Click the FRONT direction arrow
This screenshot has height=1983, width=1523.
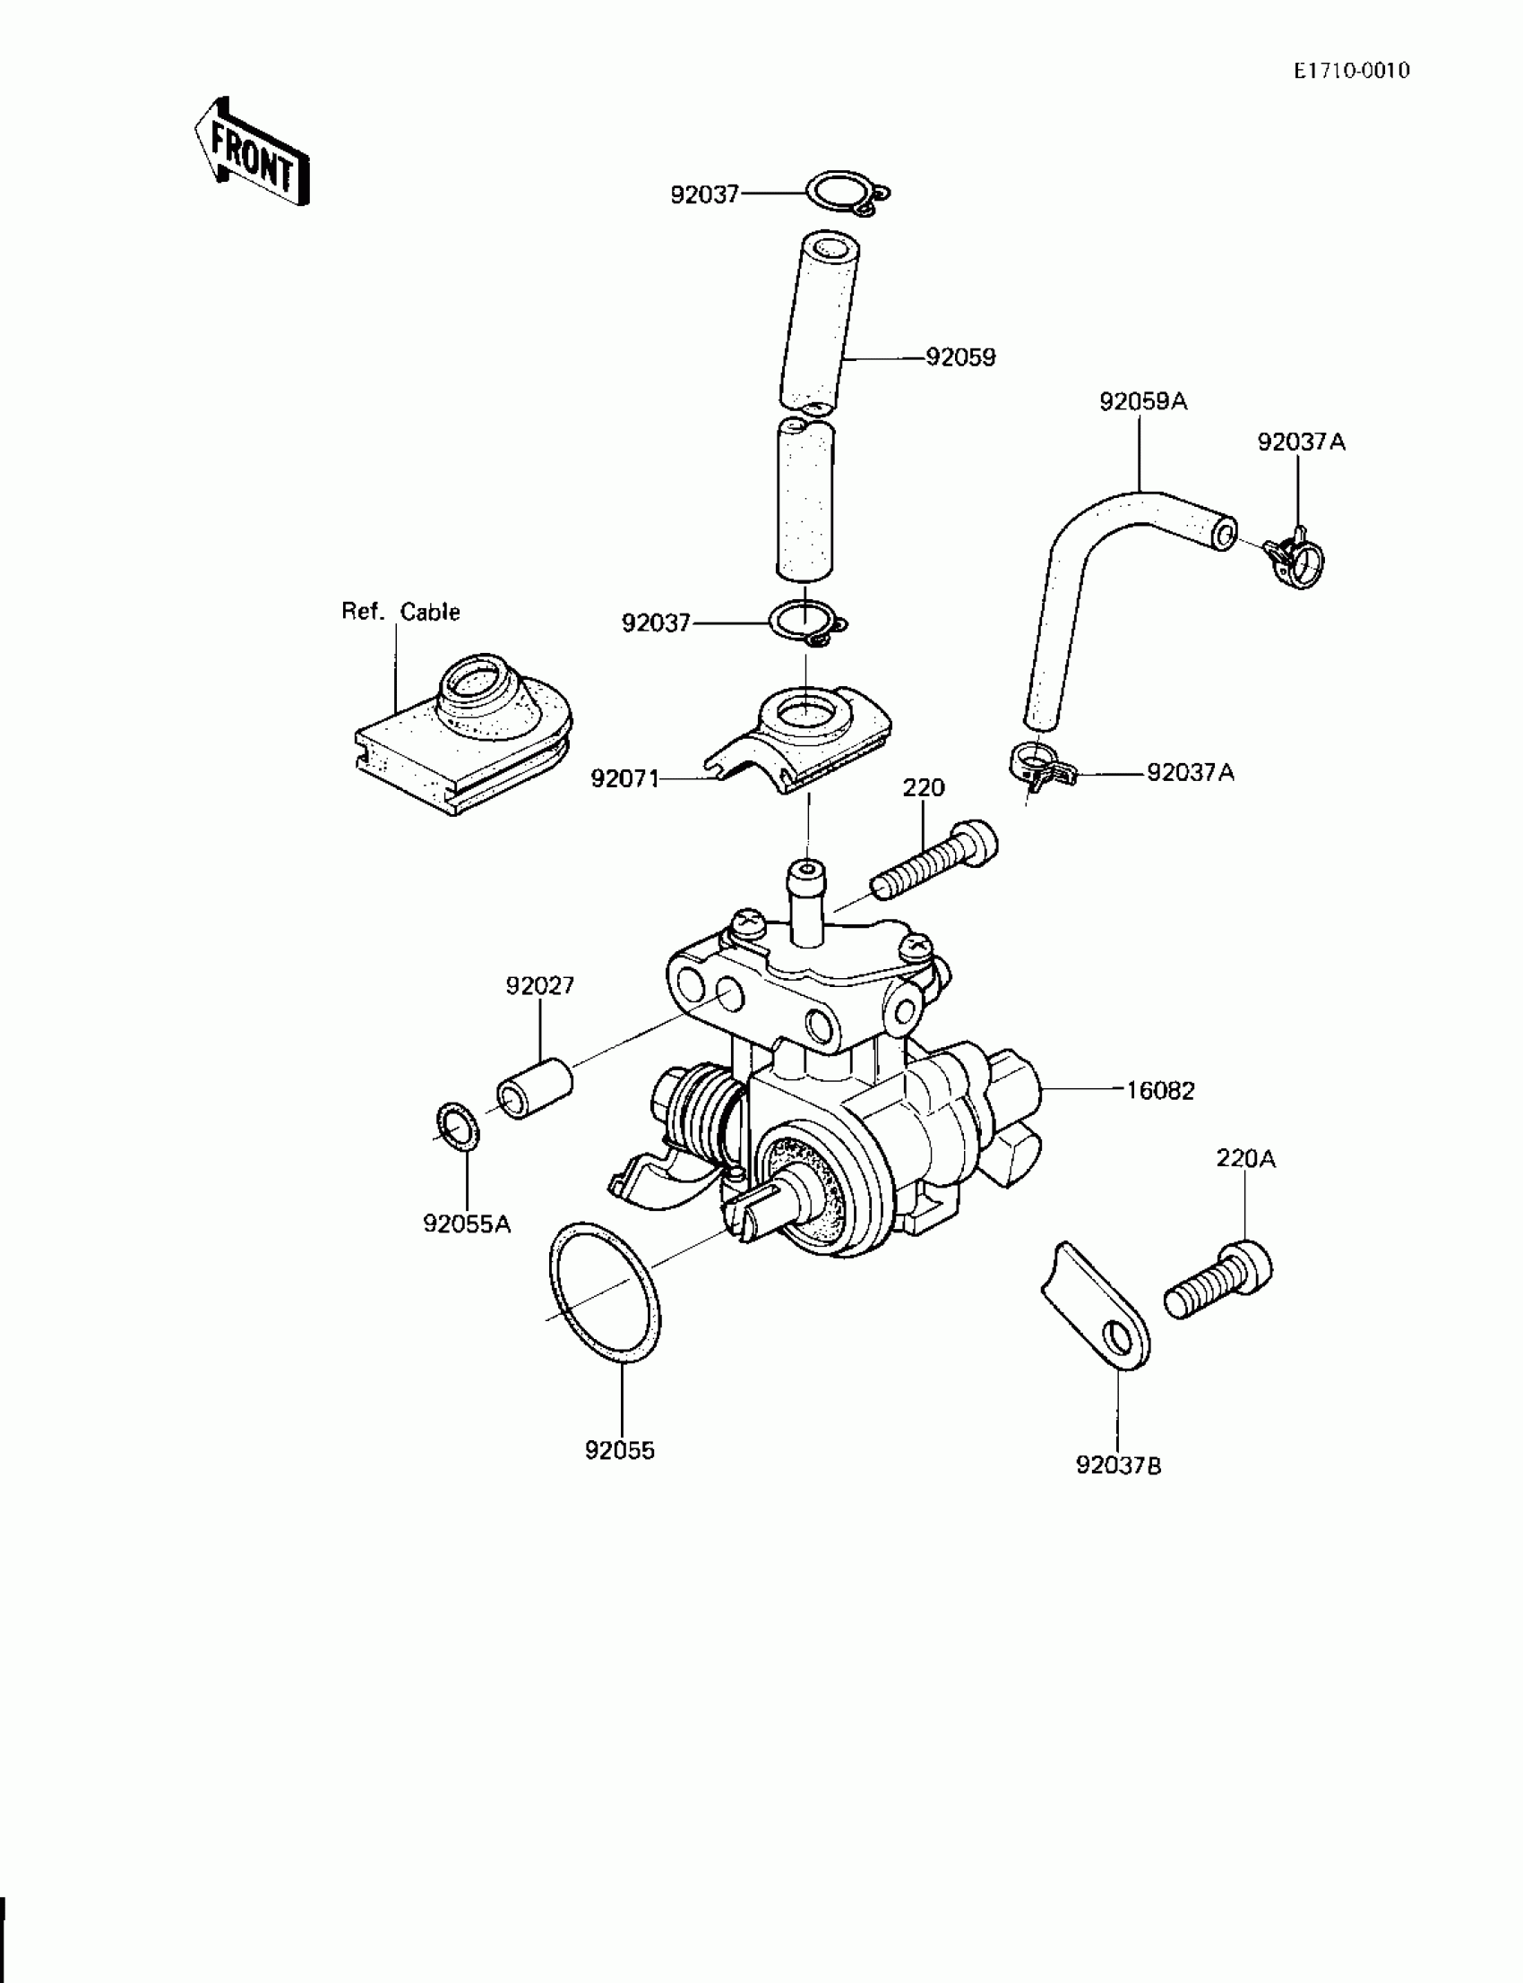(x=252, y=152)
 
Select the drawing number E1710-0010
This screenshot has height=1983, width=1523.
(x=1351, y=71)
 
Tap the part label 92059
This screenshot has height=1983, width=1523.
(x=960, y=358)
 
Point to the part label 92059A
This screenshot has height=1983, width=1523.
(x=1142, y=401)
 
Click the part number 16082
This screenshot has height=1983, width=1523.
(x=1159, y=1091)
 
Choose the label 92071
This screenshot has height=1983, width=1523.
(x=624, y=778)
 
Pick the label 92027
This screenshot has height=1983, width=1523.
(x=540, y=985)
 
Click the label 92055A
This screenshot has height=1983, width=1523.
(x=467, y=1224)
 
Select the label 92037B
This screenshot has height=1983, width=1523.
(x=1119, y=1465)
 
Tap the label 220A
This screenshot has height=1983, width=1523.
(x=1245, y=1159)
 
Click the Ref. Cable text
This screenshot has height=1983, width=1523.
(x=400, y=612)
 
